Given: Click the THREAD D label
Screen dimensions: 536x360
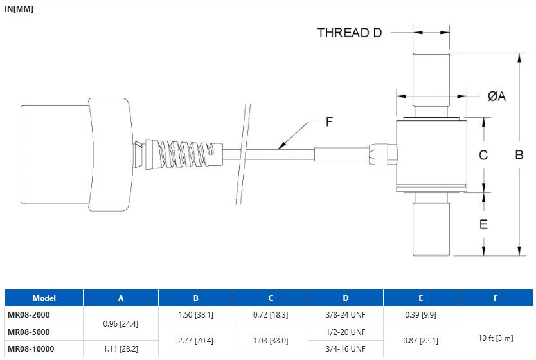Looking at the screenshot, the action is pyautogui.click(x=350, y=33).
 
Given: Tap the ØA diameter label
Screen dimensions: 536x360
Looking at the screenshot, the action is pyautogui.click(x=496, y=96).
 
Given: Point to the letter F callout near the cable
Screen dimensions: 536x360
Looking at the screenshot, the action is pyautogui.click(x=329, y=122).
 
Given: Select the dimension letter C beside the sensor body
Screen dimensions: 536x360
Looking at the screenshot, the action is pyautogui.click(x=483, y=155).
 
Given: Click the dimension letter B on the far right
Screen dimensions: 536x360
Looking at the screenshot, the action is pyautogui.click(x=519, y=155).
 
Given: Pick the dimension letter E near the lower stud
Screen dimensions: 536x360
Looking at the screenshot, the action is pyautogui.click(x=483, y=224).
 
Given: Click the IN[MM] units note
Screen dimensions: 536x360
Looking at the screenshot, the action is pyautogui.click(x=19, y=9).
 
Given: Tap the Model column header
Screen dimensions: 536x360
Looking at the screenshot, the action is pyautogui.click(x=44, y=298).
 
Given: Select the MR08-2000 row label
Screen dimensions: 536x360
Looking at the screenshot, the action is pyautogui.click(x=29, y=314).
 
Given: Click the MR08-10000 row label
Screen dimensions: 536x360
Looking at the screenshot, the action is pyautogui.click(x=31, y=348).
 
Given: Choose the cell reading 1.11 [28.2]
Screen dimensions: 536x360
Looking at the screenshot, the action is pyautogui.click(x=121, y=348).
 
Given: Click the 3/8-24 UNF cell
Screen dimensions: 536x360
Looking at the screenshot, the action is pyautogui.click(x=346, y=314).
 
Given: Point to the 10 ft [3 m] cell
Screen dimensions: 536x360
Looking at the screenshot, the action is pyautogui.click(x=496, y=337).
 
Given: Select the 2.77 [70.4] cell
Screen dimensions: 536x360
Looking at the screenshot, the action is pyautogui.click(x=195, y=341).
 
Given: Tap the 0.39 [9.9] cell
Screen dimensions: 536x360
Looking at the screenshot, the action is pyautogui.click(x=420, y=314).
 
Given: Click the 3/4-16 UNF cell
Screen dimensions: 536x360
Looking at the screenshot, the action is pyautogui.click(x=346, y=348).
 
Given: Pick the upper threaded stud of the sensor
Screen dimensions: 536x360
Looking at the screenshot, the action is pyautogui.click(x=431, y=80).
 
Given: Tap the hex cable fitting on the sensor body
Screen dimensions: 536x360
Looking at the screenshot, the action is pyautogui.click(x=383, y=154).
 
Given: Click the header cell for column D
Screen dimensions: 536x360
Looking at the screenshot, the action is pyautogui.click(x=346, y=298).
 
